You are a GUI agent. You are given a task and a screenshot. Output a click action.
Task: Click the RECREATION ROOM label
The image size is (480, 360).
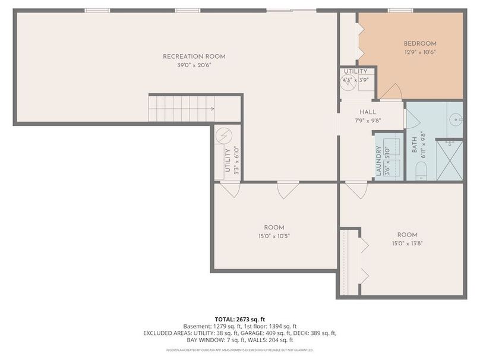point(194,57)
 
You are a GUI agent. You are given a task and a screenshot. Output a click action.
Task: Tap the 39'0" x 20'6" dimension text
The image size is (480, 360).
point(194,65)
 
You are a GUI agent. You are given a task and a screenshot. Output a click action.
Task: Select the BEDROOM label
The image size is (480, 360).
point(420,43)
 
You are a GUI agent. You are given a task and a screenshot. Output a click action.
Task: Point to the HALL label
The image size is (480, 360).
point(368,112)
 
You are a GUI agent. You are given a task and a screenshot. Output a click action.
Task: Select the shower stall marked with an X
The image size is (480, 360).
point(449,160)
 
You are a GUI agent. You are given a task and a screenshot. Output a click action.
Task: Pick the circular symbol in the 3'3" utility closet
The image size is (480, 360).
point(222,136)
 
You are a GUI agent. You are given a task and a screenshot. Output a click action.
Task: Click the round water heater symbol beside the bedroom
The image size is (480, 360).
point(348,83)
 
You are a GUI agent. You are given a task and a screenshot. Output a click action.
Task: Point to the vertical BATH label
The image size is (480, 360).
point(414,144)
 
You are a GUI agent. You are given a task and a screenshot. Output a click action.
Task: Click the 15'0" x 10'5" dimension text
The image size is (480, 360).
point(274,236)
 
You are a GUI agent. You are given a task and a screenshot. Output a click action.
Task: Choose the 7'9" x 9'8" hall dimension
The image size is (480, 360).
point(368,121)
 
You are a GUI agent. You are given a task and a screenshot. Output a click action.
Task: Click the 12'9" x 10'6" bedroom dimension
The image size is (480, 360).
point(420,52)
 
